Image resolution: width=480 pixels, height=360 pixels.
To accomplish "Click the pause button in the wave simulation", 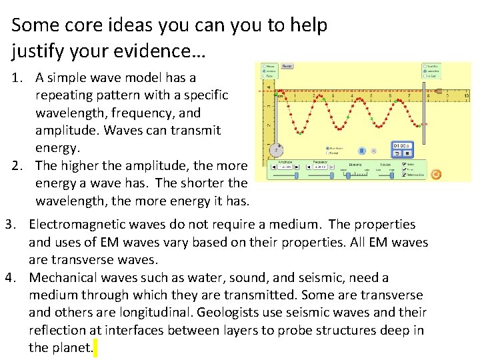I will (x=362, y=151).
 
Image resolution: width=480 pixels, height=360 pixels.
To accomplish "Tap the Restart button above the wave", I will (x=287, y=67).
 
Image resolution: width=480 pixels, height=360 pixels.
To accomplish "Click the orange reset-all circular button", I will (x=436, y=174).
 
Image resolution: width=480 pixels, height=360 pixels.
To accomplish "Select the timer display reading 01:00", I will (x=402, y=145).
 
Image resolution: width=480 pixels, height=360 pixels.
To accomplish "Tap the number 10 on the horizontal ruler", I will (x=467, y=96).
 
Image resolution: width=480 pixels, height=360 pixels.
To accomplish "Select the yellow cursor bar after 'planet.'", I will (x=95, y=348).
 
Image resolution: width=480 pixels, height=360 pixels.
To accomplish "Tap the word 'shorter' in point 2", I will (x=200, y=183).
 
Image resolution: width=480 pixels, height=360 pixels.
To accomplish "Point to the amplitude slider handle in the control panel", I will (x=285, y=167).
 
